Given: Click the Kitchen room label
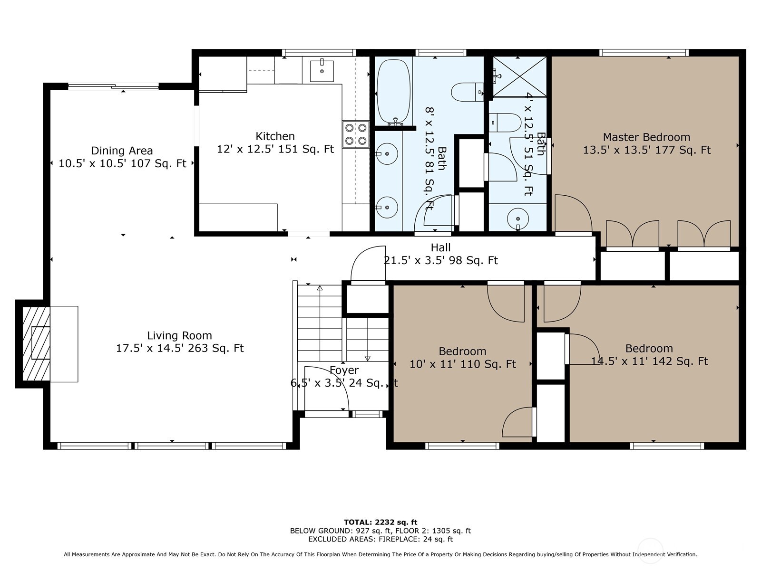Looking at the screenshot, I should tap(275, 136).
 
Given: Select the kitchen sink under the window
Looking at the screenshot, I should tap(322, 71).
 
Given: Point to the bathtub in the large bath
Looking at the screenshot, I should tap(393, 91).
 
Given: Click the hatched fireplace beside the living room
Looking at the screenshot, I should tap(37, 343).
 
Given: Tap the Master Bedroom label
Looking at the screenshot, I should tap(646, 137).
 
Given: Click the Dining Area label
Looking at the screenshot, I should tap(122, 151).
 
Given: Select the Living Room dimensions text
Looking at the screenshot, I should tap(180, 348).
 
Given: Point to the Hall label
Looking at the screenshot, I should tap(440, 247).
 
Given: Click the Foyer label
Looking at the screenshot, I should tap(344, 370).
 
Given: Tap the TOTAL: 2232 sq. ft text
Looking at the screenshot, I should tap(380, 522).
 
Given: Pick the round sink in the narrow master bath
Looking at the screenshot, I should tap(517, 219).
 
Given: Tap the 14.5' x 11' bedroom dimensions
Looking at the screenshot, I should tap(649, 361).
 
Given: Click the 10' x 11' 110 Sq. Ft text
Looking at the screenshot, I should tap(462, 364).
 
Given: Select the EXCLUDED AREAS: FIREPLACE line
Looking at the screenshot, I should tap(380, 539).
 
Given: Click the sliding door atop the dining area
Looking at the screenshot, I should tap(113, 86).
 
